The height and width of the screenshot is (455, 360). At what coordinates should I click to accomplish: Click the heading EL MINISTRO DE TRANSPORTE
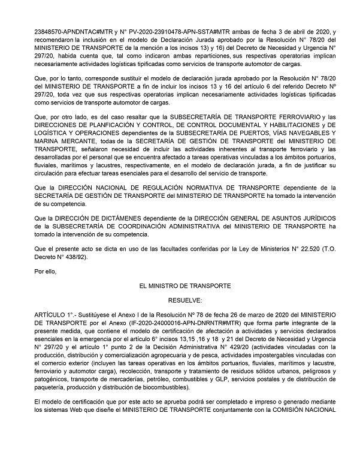(184, 287)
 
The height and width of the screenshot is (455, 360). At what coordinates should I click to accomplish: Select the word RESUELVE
(184, 300)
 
